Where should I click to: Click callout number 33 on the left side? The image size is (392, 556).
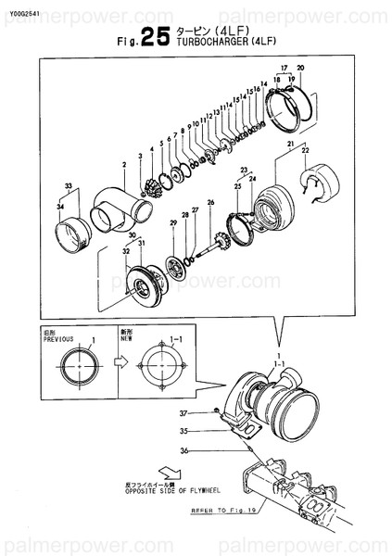click(67, 187)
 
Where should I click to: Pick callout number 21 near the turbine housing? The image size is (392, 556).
click(290, 144)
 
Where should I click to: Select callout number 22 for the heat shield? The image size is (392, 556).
click(305, 150)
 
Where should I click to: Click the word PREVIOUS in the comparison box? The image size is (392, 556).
click(57, 340)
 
